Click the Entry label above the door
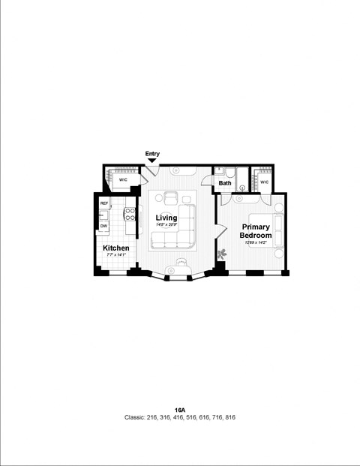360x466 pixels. pyautogui.click(x=152, y=154)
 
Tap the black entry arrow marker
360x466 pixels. pyautogui.click(x=152, y=161)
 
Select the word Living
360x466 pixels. pyautogui.click(x=166, y=218)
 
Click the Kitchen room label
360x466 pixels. pyautogui.click(x=115, y=248)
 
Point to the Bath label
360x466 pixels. pyautogui.click(x=225, y=182)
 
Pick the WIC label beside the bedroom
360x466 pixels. pyautogui.click(x=264, y=182)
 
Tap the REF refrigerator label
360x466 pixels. pyautogui.click(x=104, y=203)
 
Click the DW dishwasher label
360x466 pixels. pyautogui.click(x=103, y=225)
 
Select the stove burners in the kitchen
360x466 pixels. pyautogui.click(x=129, y=215)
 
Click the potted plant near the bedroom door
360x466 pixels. pyautogui.click(x=222, y=255)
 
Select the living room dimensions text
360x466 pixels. pyautogui.click(x=166, y=225)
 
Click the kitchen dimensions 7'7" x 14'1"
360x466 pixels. pyautogui.click(x=115, y=255)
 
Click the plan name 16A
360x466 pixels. pyautogui.click(x=179, y=410)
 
